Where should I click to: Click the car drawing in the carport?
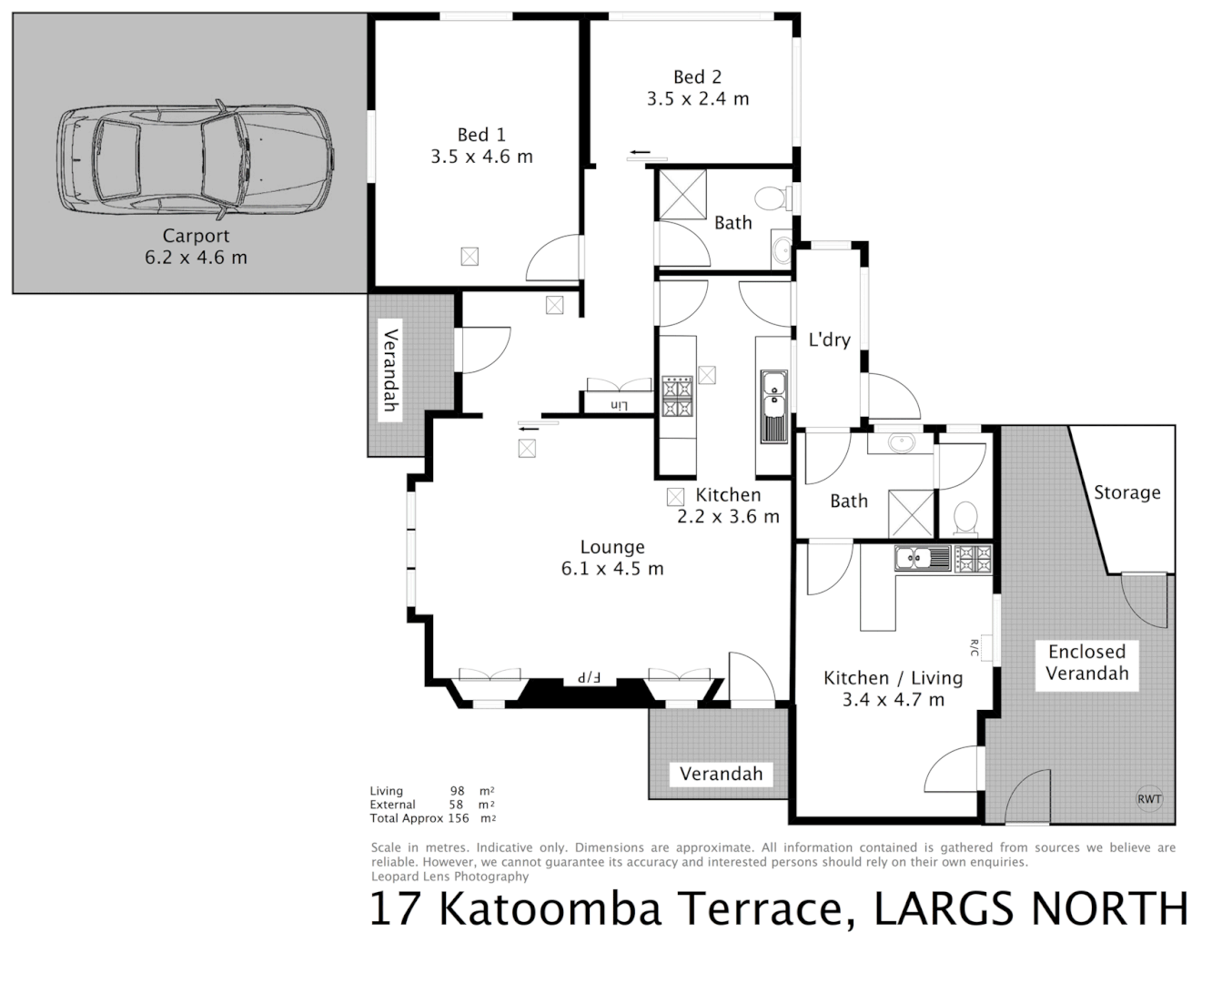[196, 160]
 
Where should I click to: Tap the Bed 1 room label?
[481, 135]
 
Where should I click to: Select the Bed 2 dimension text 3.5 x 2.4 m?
[698, 99]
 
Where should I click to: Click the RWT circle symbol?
[1149, 799]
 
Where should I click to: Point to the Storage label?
[1126, 492]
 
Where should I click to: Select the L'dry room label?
[829, 339]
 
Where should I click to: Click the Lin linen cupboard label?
[619, 404]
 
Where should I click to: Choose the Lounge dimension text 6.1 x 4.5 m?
[612, 569]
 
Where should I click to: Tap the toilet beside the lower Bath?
[964, 519]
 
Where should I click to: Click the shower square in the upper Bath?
[682, 193]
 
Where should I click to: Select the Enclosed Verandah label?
[1086, 663]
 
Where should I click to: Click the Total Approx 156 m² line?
[432, 818]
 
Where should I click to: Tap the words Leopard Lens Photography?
[449, 877]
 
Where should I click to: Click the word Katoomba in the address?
[550, 908]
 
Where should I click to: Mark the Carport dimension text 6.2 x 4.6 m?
[196, 258]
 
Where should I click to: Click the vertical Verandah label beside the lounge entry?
[389, 369]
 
